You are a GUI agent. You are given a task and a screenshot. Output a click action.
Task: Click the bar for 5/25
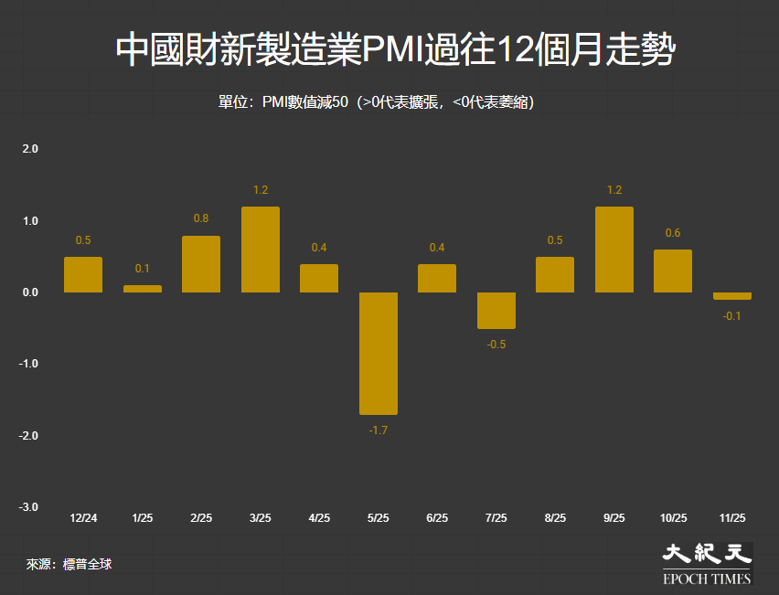point(378,353)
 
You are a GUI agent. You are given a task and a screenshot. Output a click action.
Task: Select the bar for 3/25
point(260,250)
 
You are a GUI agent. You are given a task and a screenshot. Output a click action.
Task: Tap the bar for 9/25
point(614,250)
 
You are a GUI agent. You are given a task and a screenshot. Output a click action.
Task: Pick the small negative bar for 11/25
point(731,296)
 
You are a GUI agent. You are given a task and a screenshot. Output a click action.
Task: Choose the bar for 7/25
point(496,311)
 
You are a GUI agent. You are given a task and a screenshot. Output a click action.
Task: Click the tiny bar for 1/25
point(142,289)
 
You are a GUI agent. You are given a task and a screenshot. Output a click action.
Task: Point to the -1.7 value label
point(378,430)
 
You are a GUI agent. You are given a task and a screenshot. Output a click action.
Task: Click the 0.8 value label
point(201,218)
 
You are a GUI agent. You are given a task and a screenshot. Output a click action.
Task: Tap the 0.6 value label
point(673,233)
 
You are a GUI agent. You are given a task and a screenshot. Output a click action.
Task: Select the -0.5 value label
point(496,345)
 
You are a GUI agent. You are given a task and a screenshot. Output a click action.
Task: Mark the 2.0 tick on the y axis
point(29,148)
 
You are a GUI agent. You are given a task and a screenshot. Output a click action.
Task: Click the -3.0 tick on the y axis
point(27,507)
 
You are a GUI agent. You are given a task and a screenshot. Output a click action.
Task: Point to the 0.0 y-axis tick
point(29,292)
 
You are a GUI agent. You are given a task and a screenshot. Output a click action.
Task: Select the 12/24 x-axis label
point(83,518)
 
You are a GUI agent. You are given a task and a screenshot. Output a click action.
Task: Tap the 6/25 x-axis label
point(437,518)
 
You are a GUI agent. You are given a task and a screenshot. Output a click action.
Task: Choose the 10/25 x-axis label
point(673,518)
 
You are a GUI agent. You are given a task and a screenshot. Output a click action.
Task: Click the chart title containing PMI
point(395,51)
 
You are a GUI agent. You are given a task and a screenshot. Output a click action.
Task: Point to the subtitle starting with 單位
point(376,102)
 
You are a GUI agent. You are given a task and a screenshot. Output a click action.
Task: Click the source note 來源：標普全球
point(69,565)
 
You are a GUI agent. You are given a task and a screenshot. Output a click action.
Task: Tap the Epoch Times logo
point(707,563)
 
